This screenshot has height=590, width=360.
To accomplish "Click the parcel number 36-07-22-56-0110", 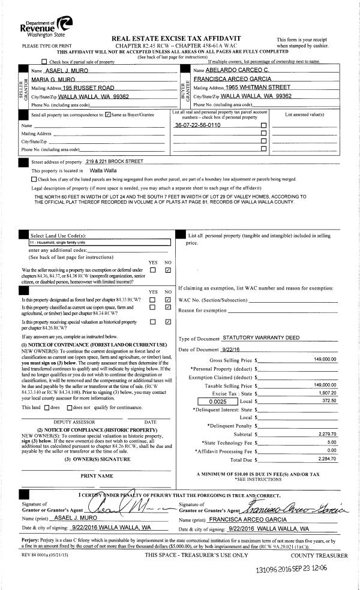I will [x=197, y=125].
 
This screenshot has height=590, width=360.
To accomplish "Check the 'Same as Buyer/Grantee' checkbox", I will [x=107, y=114].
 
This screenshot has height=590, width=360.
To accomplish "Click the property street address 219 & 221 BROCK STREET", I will [x=115, y=161].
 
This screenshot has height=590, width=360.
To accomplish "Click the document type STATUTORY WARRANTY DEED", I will [x=261, y=338].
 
